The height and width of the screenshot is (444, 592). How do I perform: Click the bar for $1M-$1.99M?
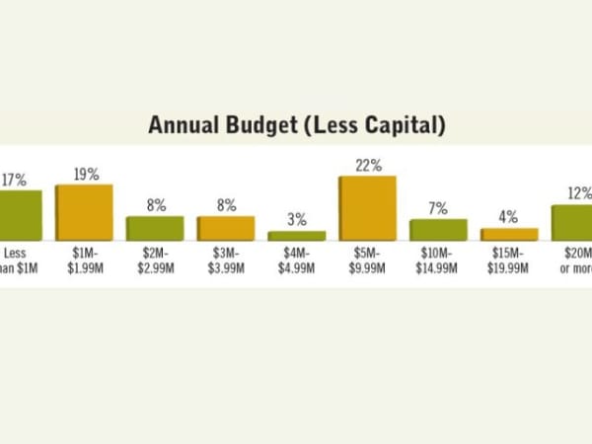click(x=84, y=212)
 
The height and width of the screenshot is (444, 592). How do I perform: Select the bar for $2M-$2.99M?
click(x=155, y=228)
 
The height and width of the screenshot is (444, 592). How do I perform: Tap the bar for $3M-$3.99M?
click(x=226, y=228)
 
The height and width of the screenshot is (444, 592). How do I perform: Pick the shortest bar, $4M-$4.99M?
click(x=297, y=236)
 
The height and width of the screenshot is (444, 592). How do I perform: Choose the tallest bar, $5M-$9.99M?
click(x=368, y=208)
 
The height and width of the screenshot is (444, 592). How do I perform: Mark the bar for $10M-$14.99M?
click(x=438, y=230)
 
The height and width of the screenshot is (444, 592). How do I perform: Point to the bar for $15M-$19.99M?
click(x=509, y=234)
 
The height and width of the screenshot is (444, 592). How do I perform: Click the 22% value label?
click(x=368, y=166)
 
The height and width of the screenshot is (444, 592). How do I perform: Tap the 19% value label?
click(x=85, y=174)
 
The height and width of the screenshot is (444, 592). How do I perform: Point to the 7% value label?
click(x=438, y=208)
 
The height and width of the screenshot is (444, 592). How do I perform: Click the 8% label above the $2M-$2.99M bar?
click(x=155, y=205)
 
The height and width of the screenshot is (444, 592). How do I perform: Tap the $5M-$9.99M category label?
click(x=368, y=259)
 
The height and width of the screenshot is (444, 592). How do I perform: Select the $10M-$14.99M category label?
click(x=438, y=259)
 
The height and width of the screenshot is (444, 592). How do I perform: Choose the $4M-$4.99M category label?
click(x=297, y=259)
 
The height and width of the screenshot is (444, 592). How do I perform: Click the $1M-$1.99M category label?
click(x=85, y=259)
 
